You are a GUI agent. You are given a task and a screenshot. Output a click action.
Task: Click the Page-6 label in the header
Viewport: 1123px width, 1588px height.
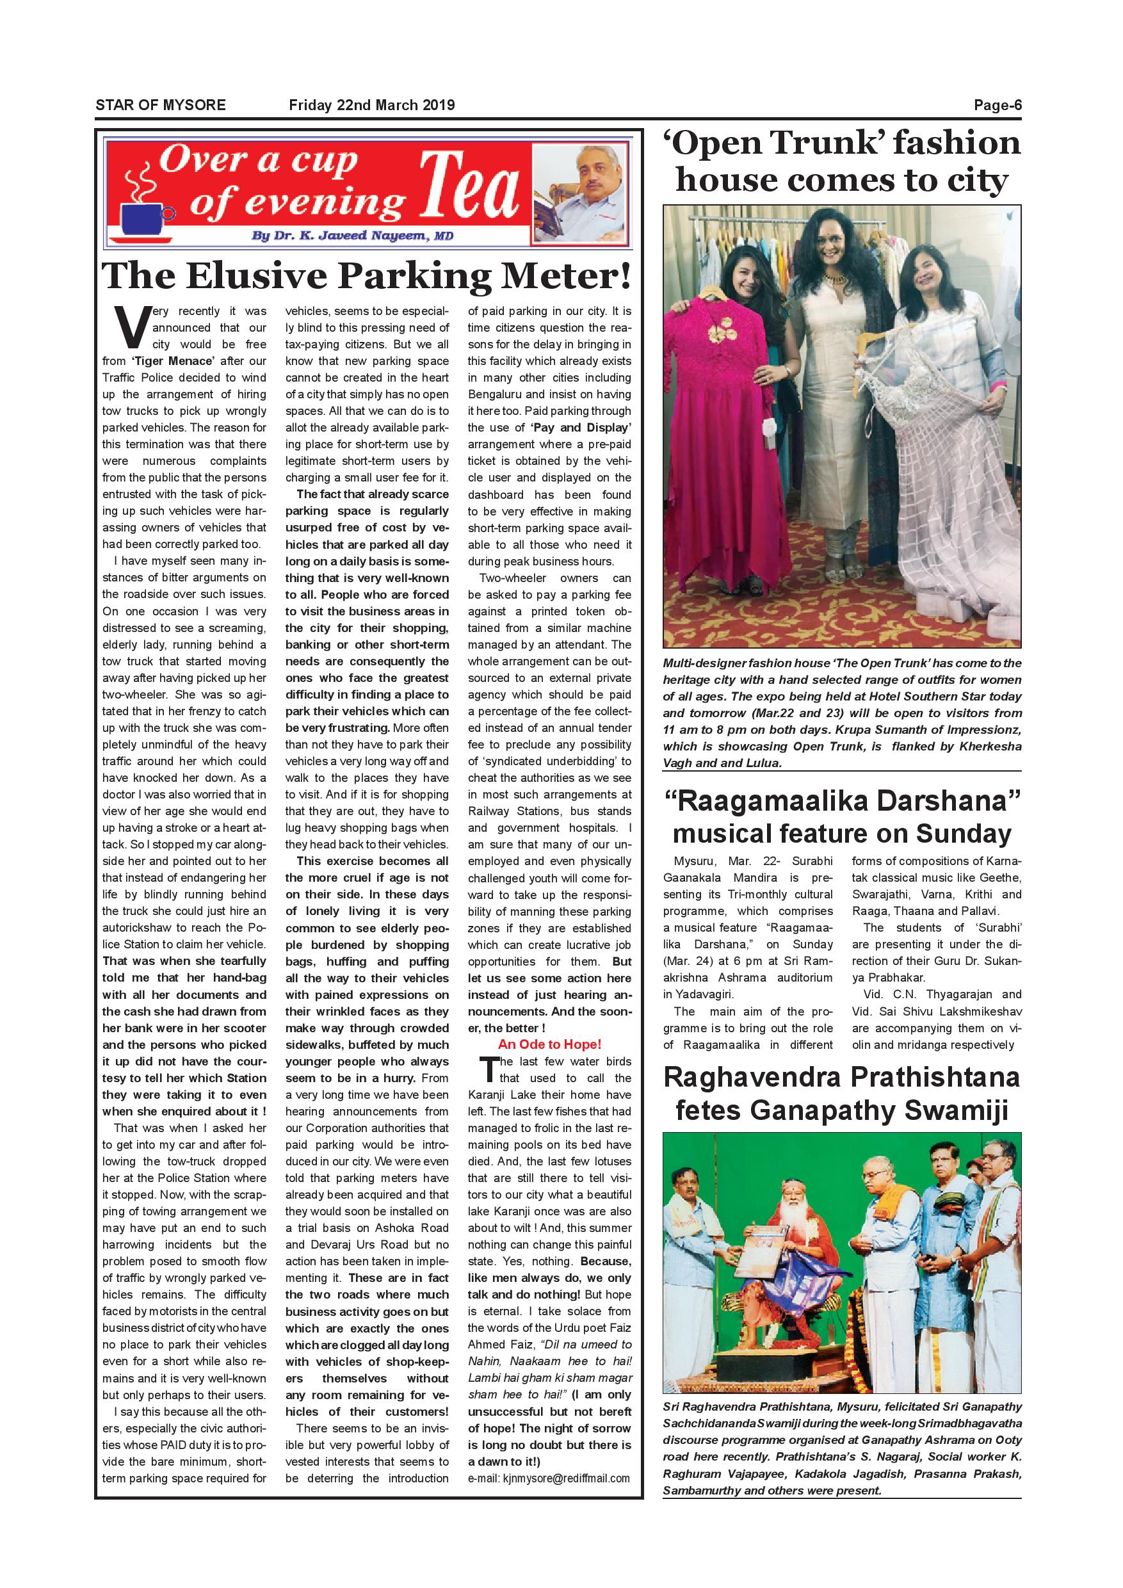click(x=997, y=105)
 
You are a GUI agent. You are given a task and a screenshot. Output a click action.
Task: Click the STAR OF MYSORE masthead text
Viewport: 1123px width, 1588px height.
click(x=161, y=105)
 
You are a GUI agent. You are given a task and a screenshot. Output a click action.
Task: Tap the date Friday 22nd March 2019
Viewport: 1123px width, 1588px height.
click(x=371, y=105)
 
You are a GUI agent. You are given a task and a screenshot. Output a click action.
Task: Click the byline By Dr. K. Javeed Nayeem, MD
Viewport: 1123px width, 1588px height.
click(x=353, y=236)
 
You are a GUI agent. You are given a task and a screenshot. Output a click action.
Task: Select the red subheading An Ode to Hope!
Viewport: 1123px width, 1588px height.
click(x=550, y=1044)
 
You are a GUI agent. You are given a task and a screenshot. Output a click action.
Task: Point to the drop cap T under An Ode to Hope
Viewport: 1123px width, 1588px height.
click(x=489, y=1070)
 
